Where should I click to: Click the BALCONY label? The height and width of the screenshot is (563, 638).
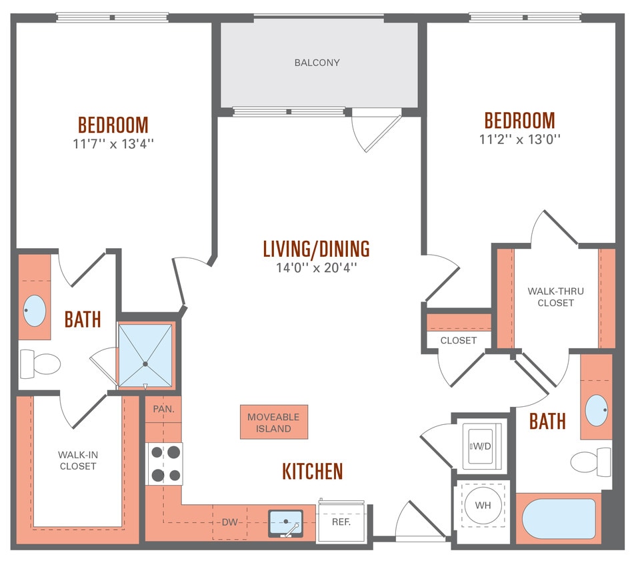[x=317, y=63]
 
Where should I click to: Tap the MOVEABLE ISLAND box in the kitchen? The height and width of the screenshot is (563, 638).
[x=273, y=422]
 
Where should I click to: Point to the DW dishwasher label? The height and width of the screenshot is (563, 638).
[x=229, y=522]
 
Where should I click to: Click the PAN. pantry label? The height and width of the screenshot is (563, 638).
[x=163, y=409]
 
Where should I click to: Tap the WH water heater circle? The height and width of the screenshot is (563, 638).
[x=483, y=505]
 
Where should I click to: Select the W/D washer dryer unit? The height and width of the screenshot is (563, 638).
[x=482, y=445]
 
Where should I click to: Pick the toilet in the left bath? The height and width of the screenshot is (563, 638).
[x=41, y=364]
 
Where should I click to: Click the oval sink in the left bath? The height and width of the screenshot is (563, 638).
[x=35, y=310]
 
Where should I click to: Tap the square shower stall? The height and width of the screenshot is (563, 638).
[x=145, y=355]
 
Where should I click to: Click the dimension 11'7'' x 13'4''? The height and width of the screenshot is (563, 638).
[x=113, y=143]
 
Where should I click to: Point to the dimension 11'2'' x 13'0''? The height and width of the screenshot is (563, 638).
[x=519, y=139]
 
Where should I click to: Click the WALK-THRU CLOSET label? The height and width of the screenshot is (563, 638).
[x=551, y=297]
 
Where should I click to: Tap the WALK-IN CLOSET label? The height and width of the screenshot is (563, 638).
[x=78, y=460]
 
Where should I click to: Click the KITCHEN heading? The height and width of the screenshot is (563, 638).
[x=313, y=472]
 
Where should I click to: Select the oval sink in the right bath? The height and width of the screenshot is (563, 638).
[x=596, y=410]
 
